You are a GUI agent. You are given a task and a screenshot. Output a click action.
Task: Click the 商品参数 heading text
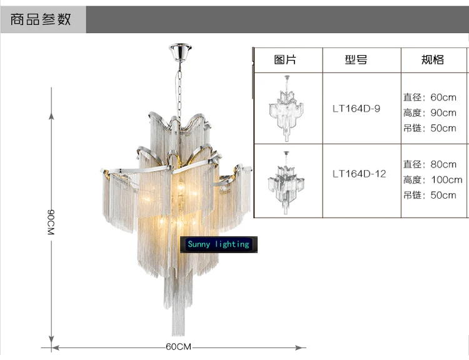pos(41,20)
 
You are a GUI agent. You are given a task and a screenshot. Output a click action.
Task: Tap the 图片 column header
pos(285,60)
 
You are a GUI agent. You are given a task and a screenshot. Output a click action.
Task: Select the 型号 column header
pos(356,60)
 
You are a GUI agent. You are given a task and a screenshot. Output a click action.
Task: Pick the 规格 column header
pos(433,60)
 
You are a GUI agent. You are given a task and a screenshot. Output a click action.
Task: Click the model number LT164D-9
pos(356,109)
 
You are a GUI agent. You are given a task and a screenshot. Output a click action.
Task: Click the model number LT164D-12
pos(359,174)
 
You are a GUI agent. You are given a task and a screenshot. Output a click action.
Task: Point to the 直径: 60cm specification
pos(430,97)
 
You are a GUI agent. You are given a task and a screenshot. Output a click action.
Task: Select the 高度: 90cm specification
pos(430,113)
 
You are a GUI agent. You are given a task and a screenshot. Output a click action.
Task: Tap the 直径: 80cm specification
pos(430,164)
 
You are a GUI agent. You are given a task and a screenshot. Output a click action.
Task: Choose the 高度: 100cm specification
pos(433,180)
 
